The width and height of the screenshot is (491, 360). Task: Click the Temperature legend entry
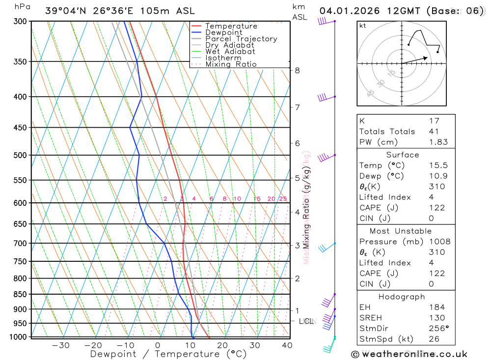pos(231,26)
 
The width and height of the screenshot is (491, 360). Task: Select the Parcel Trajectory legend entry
pos(241,39)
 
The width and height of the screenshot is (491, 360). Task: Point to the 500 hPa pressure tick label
pos(21,155)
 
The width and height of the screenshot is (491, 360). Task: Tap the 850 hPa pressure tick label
pos(21,294)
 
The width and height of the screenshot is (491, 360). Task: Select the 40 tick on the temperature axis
pos(287,345)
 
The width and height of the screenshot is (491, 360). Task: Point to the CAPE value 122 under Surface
pos(437,208)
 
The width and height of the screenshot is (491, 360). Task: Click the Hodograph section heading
pos(402,297)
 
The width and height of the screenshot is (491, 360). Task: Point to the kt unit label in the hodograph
pos(363,26)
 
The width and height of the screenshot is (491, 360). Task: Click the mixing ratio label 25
pos(283,199)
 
